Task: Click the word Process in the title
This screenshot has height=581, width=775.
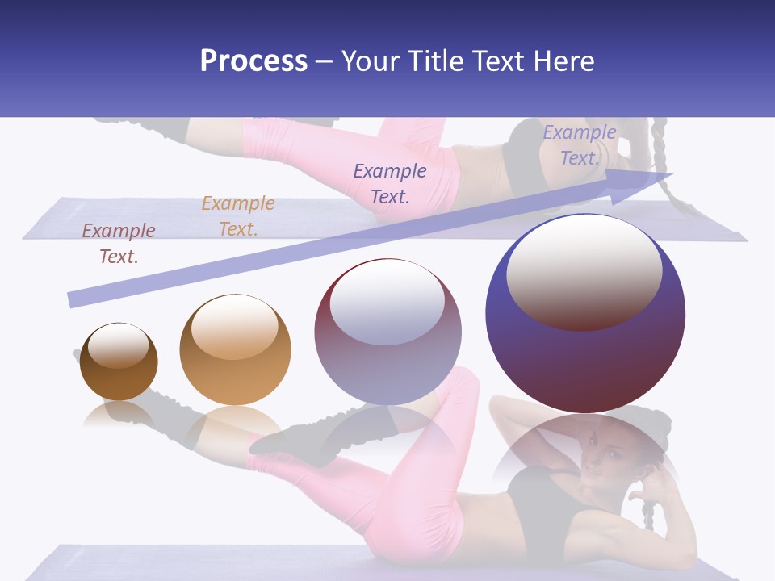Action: [x=253, y=61]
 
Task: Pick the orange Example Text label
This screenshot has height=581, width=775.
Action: [x=238, y=216]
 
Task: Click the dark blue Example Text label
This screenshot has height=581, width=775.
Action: [x=390, y=183]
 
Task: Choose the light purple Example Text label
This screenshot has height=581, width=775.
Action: [x=580, y=145]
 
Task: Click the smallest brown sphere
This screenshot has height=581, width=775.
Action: [x=119, y=362]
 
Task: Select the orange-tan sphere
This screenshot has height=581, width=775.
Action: [x=235, y=350]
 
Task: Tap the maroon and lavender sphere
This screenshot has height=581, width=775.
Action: [x=387, y=332]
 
